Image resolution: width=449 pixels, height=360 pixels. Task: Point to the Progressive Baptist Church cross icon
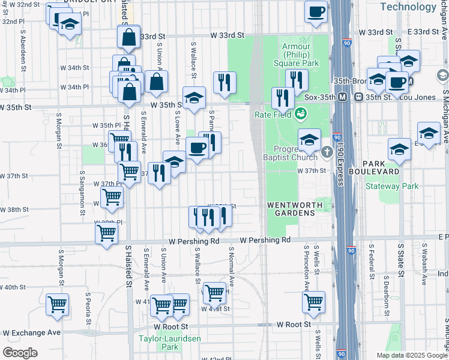[327, 151]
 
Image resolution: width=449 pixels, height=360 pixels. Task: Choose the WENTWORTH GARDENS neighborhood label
[299, 205]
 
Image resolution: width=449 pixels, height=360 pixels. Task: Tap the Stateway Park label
[392, 186]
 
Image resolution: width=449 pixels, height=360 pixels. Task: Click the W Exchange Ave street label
[32, 332]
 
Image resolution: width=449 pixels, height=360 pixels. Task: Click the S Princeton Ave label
[307, 264]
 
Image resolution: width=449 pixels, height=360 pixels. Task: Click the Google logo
[20, 352]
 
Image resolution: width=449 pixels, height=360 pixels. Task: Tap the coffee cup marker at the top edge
[316, 11]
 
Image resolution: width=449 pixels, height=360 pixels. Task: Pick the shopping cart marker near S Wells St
[313, 302]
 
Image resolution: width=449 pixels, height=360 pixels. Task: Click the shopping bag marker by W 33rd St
[129, 37]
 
